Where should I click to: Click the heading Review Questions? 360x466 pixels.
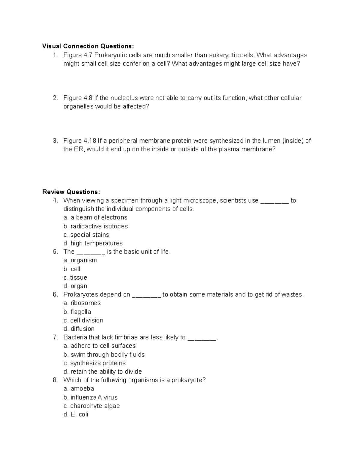coord(71,192)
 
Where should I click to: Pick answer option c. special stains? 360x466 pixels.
coord(86,235)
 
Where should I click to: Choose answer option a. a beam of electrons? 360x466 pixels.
coord(95,218)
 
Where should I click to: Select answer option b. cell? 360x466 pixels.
coord(72,269)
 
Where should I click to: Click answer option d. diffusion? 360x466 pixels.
coord(79,329)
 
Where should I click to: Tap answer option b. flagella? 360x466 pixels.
coord(77,312)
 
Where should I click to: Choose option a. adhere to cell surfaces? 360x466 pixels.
coord(100,346)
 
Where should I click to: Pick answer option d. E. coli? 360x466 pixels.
coord(76,414)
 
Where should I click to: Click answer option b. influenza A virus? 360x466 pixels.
coord(91,398)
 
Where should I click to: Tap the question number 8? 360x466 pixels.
coord(55,380)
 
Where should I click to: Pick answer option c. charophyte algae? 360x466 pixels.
coord(92,406)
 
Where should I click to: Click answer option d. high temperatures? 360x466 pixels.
coord(93,243)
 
